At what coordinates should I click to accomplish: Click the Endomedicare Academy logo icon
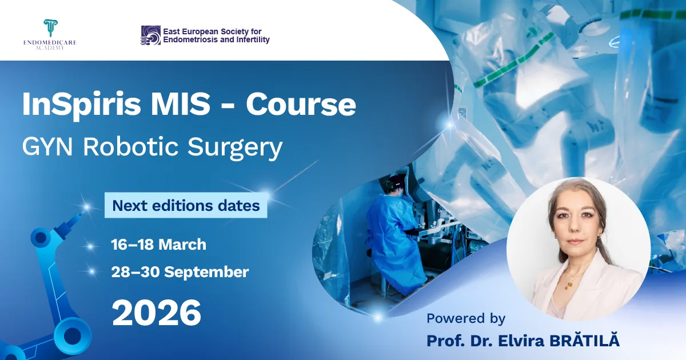(x=51, y=28)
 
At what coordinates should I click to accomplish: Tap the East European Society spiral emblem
(x=150, y=35)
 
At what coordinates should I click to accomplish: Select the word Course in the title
(x=301, y=105)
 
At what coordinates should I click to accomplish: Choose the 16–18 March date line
(x=158, y=245)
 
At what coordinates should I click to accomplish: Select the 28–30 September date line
(x=180, y=272)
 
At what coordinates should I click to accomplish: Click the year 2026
(x=156, y=313)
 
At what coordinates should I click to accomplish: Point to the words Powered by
(x=466, y=318)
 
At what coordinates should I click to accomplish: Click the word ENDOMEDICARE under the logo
(x=50, y=43)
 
